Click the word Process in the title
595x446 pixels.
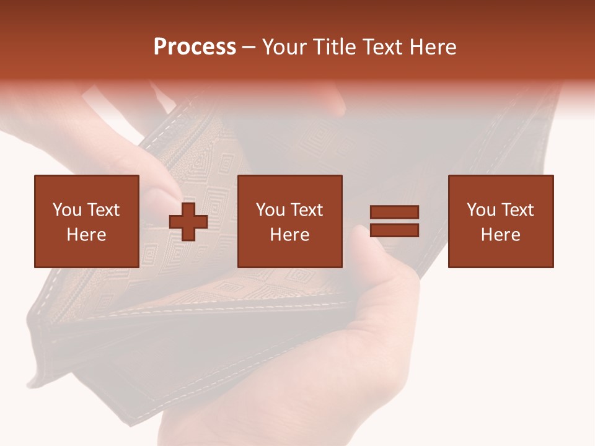click(x=195, y=47)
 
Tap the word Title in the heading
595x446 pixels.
click(x=335, y=47)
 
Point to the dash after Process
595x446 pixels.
click(x=249, y=48)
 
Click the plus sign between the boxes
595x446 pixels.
click(x=188, y=222)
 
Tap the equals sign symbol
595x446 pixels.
click(x=394, y=221)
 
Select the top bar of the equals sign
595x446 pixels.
click(x=394, y=212)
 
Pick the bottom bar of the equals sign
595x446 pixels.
click(x=394, y=230)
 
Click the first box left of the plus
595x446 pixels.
click(x=86, y=221)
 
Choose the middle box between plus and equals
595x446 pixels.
click(x=289, y=221)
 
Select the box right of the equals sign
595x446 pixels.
click(x=500, y=221)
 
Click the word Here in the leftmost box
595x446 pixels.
click(x=86, y=235)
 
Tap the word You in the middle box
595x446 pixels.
click(x=270, y=210)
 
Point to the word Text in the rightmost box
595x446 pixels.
click(x=518, y=210)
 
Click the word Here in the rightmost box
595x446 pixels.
click(x=500, y=235)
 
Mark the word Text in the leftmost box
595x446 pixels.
click(x=104, y=210)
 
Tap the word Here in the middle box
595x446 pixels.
click(x=289, y=235)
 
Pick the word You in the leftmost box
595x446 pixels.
click(x=67, y=210)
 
